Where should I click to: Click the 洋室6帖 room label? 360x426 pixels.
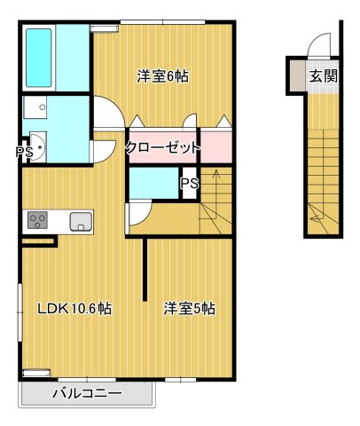162,75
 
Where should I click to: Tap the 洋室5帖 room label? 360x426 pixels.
189,309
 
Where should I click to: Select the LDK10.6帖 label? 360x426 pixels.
74,309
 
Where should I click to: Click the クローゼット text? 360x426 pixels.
162,147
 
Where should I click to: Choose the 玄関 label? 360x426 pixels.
323,75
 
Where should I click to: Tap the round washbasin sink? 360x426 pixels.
37,146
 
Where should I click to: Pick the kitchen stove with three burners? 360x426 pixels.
38,219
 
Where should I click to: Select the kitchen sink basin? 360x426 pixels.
79,221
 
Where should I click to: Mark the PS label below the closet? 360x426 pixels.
188,184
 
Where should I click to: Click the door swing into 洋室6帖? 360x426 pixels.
106,114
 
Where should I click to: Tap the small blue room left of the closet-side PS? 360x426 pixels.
153,182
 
